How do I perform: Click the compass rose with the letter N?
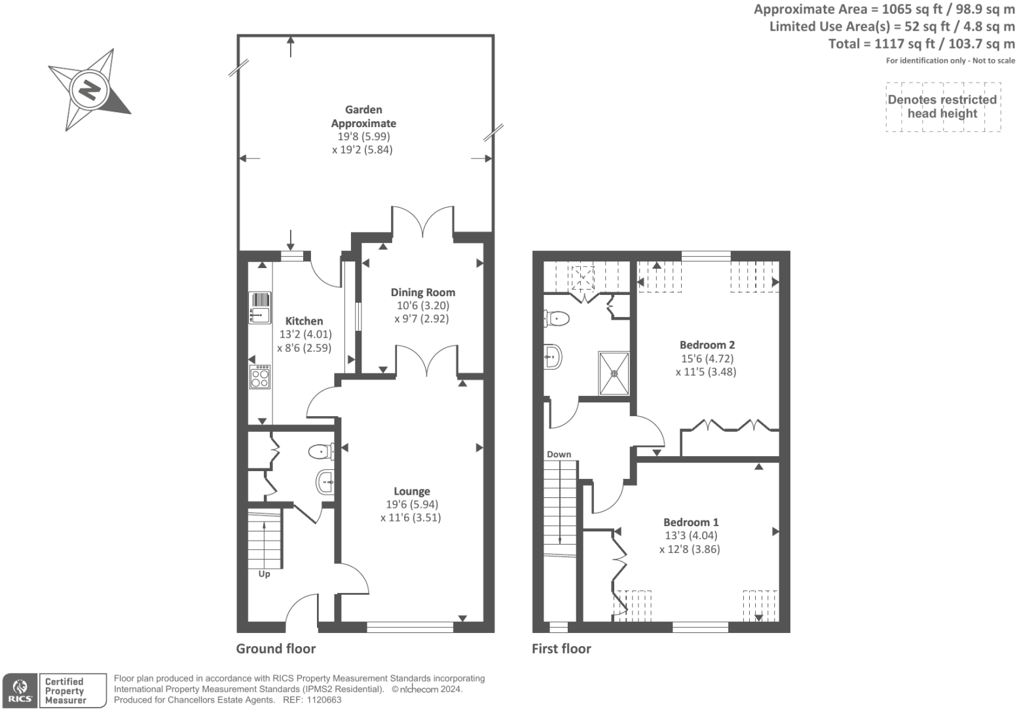pos(89,89)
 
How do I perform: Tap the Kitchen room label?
pos(304,321)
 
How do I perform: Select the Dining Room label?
pos(422,292)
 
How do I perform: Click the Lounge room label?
pos(411,491)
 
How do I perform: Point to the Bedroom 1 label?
pos(690,522)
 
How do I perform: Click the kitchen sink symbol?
pos(260,307)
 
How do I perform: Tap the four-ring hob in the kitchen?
pos(260,377)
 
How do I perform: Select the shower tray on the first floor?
pos(614,374)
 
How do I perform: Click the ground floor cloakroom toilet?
pos(321,451)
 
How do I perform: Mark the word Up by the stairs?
pos(264,574)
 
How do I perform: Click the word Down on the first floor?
pos(559,454)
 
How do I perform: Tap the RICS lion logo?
pos(20,691)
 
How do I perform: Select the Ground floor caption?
pos(276,649)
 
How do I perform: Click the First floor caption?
pos(561,649)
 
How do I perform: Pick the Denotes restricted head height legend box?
pos(943,107)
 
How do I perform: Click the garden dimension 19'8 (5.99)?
pos(363,136)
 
